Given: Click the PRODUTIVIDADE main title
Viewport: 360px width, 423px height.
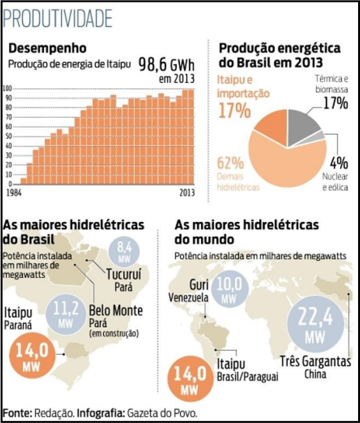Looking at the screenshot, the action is coord(57,19).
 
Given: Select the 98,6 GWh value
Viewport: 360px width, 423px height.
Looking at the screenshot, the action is coord(167,64).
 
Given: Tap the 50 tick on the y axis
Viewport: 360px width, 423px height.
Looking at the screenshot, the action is coord(9,137).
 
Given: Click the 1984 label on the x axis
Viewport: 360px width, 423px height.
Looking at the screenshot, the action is coord(14,193).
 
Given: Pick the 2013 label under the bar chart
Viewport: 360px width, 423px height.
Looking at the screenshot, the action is coord(187,193).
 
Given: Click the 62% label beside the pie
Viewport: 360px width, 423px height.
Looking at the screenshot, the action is coord(230,163).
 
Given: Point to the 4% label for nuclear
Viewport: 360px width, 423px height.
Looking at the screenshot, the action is coord(339,163).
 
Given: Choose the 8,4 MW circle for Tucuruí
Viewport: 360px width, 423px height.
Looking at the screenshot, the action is coord(124,252).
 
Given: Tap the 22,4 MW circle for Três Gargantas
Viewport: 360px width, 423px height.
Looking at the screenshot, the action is coord(316,323).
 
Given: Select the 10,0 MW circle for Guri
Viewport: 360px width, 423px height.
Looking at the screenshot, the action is coord(229,290).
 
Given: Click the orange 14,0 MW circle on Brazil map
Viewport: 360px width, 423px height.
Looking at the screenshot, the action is coord(32,356).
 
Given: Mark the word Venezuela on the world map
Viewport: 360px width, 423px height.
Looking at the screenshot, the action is coord(188,297).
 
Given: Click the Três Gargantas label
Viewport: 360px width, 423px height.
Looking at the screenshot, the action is coord(315,361).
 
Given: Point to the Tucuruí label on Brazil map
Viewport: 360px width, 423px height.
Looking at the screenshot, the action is coord(123,274).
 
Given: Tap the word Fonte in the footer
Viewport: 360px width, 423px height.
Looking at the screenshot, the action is coord(17,413).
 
